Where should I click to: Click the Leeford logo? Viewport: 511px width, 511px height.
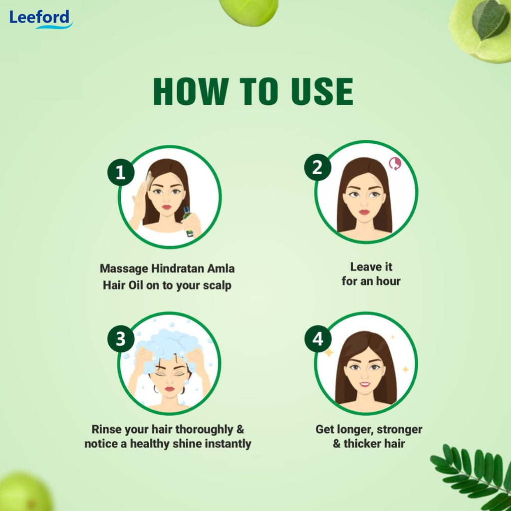40,19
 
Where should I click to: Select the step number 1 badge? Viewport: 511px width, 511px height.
120,173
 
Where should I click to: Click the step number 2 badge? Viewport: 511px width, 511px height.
317,168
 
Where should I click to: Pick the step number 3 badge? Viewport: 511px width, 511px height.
120,339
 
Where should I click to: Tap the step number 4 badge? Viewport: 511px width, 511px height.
317,339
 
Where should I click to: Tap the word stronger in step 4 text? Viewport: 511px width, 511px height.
399,429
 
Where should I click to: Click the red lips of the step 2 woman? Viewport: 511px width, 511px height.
364,212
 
